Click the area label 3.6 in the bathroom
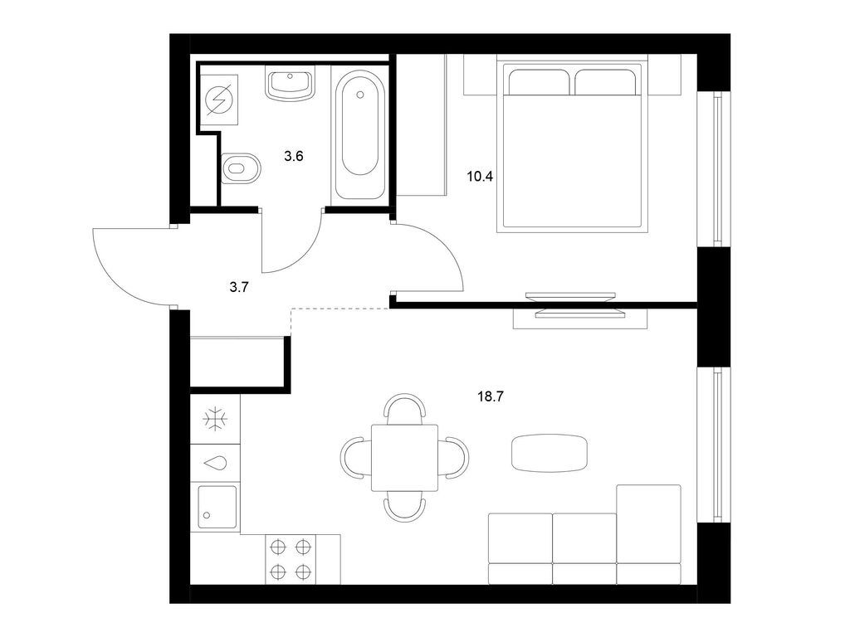pos(293,157)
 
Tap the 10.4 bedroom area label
pos(481,176)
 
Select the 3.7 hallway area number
pos(238,288)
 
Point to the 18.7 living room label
pos(491,396)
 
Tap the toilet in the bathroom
pos(242,168)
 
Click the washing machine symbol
pos(219,100)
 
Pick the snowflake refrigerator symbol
pos(215,420)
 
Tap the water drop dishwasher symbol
pos(215,464)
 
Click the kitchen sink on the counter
pos(217,507)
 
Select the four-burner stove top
pos(290,559)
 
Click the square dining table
pos(404,458)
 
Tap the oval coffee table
pos(550,454)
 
